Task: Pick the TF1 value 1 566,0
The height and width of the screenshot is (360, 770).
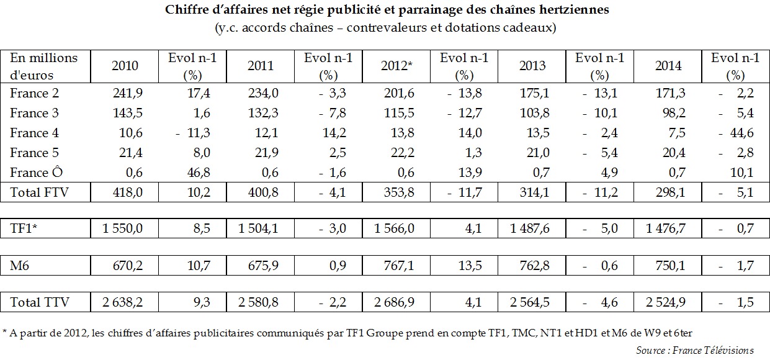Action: point(394,229)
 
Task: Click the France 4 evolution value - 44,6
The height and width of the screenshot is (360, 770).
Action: point(736,133)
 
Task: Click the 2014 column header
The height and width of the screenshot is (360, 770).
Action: point(668,66)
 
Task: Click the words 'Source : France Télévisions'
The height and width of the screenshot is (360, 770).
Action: point(695,351)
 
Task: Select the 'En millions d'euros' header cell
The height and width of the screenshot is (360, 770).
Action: point(44,66)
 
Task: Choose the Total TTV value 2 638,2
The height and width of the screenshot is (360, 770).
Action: point(123,303)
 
